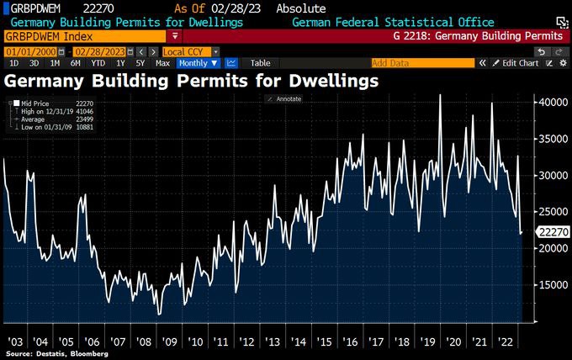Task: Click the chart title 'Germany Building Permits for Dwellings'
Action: (192, 82)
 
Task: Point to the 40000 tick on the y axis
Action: (550, 102)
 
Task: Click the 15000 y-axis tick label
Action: (550, 284)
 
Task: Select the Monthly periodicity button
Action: (199, 63)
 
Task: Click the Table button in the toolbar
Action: (261, 63)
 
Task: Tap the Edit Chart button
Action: (516, 63)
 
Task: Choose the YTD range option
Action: (98, 63)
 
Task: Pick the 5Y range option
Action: (140, 63)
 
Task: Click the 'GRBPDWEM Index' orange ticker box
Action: (84, 37)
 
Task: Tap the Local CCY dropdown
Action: (190, 52)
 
